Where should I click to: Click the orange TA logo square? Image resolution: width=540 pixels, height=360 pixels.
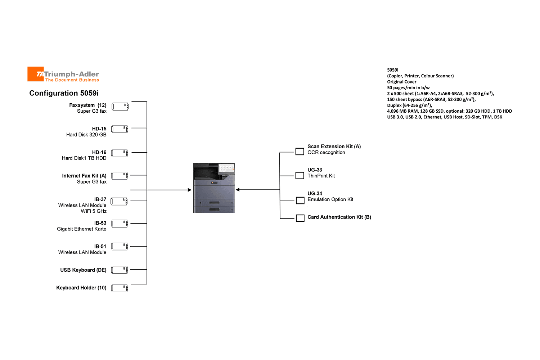(35, 74)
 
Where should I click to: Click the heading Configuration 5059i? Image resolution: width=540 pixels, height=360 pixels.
(64, 93)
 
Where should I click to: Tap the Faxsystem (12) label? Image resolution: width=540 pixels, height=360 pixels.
(88, 105)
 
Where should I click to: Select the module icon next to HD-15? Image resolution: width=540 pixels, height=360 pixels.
(120, 129)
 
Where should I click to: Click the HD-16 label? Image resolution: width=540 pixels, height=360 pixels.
(99, 152)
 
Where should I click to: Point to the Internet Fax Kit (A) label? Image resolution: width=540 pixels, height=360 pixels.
(84, 176)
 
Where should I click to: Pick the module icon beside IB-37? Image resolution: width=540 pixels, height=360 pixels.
(119, 201)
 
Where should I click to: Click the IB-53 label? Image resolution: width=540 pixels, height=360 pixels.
(100, 223)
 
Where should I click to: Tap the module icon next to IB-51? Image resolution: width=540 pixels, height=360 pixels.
(119, 247)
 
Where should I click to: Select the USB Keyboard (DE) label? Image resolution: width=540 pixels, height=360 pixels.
(83, 270)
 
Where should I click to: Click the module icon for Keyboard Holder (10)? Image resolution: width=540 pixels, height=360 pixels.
(119, 288)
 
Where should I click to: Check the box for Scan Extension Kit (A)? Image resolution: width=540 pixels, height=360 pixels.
(300, 152)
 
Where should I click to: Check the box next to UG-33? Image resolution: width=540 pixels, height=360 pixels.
(300, 176)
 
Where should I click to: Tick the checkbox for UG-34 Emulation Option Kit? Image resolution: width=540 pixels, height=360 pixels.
(300, 201)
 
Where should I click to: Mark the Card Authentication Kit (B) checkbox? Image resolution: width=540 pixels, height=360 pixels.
(300, 218)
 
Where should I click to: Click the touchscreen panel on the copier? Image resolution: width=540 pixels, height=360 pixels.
(226, 168)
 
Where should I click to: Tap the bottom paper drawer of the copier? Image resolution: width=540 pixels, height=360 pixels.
(214, 210)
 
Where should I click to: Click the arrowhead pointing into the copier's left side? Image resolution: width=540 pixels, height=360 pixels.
(190, 190)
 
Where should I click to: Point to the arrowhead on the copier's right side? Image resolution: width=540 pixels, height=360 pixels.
(238, 190)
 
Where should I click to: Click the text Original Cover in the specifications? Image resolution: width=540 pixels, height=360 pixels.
(402, 82)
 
